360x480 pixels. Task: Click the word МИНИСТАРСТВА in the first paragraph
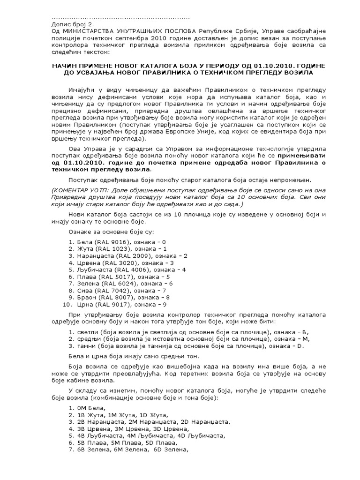pyautogui.click(x=88, y=30)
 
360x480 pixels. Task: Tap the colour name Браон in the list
pyautogui.click(x=79, y=298)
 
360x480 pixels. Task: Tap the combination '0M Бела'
pyautogui.click(x=86, y=408)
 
